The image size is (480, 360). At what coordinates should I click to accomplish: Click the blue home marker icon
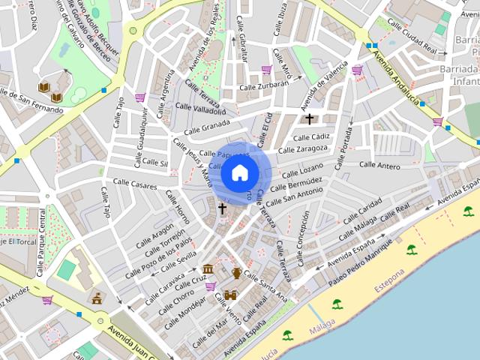pyautogui.click(x=239, y=172)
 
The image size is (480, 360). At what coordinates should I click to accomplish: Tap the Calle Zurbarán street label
pyautogui.click(x=264, y=85)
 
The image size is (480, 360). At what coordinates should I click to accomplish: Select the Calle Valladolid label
pyautogui.click(x=199, y=110)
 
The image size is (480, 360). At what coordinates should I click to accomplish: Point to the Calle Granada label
pyautogui.click(x=205, y=124)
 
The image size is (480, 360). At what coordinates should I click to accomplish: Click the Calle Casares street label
pyautogui.click(x=135, y=183)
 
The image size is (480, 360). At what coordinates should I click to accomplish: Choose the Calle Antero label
pyautogui.click(x=379, y=165)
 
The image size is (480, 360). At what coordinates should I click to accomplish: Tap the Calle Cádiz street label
pyautogui.click(x=312, y=136)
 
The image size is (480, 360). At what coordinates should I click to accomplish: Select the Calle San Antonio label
pyautogui.click(x=294, y=196)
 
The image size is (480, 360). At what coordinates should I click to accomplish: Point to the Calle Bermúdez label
pyautogui.click(x=296, y=182)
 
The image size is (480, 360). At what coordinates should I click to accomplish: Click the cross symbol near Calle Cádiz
pyautogui.click(x=309, y=118)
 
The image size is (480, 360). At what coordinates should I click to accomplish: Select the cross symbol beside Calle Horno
pyautogui.click(x=222, y=208)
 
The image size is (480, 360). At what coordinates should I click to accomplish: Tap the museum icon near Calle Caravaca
pyautogui.click(x=208, y=269)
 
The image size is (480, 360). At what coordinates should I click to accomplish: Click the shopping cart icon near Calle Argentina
pyautogui.click(x=140, y=97)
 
